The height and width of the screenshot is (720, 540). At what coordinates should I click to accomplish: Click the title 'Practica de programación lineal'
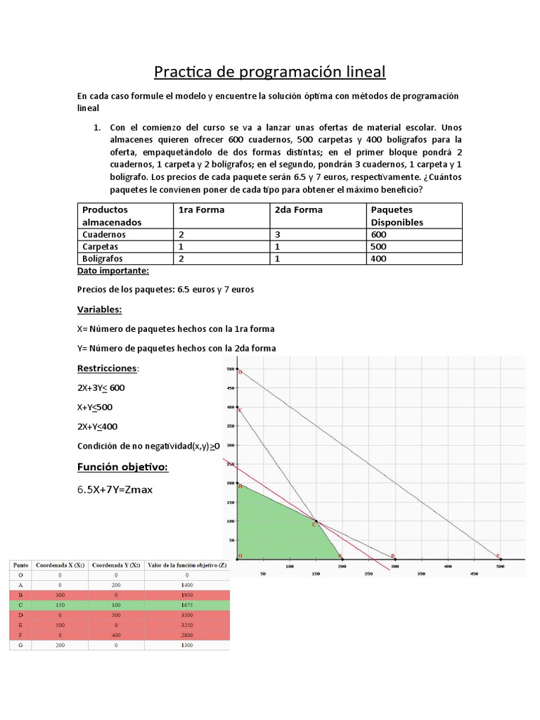pyautogui.click(x=270, y=72)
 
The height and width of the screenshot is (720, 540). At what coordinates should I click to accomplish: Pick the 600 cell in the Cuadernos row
pyautogui.click(x=380, y=234)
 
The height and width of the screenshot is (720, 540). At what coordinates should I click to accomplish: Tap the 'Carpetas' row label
pyautogui.click(x=101, y=247)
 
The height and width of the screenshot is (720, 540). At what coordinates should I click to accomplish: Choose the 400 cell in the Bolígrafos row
pyautogui.click(x=380, y=259)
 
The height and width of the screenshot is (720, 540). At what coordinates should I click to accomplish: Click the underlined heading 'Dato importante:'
pyautogui.click(x=113, y=271)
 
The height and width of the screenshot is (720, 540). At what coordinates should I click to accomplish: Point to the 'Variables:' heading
pyautogui.click(x=99, y=309)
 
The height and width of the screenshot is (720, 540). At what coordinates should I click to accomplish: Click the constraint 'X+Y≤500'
pyautogui.click(x=95, y=407)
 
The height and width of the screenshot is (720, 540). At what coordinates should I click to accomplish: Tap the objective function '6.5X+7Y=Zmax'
pyautogui.click(x=115, y=490)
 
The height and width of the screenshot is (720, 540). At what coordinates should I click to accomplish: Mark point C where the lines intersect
pyautogui.click(x=316, y=522)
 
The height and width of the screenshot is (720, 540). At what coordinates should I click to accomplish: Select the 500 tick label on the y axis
pyautogui.click(x=229, y=369)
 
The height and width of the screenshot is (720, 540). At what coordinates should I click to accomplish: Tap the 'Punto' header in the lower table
pyautogui.click(x=20, y=564)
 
